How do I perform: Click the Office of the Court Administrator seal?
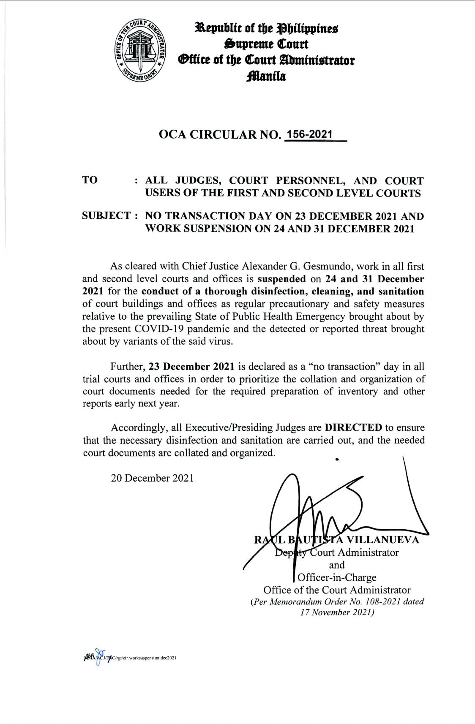point(142,52)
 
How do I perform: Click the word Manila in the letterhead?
point(267,76)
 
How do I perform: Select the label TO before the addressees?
point(90,180)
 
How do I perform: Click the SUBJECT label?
point(107,216)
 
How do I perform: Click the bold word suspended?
point(281,279)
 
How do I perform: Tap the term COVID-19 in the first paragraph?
point(159,329)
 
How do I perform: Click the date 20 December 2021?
point(152,478)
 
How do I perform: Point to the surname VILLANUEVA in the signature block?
point(383,539)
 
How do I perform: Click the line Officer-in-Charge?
point(337,577)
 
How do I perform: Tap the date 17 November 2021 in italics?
point(336,612)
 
